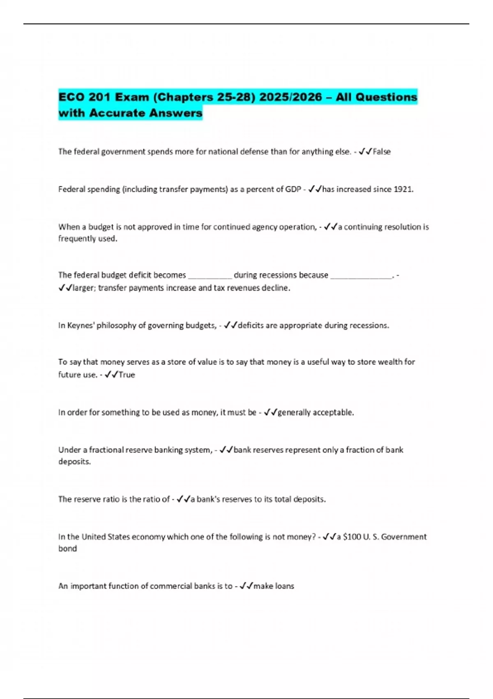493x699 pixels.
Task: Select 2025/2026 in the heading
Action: [290, 97]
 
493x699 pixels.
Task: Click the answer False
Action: [382, 152]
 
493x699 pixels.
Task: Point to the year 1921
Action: [403, 190]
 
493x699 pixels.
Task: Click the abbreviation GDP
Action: [293, 190]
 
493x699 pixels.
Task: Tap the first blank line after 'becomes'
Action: [210, 275]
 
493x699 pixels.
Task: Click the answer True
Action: [127, 375]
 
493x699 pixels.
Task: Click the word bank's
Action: [209, 499]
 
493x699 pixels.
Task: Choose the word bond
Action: [67, 549]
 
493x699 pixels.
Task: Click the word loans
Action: [284, 586]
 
